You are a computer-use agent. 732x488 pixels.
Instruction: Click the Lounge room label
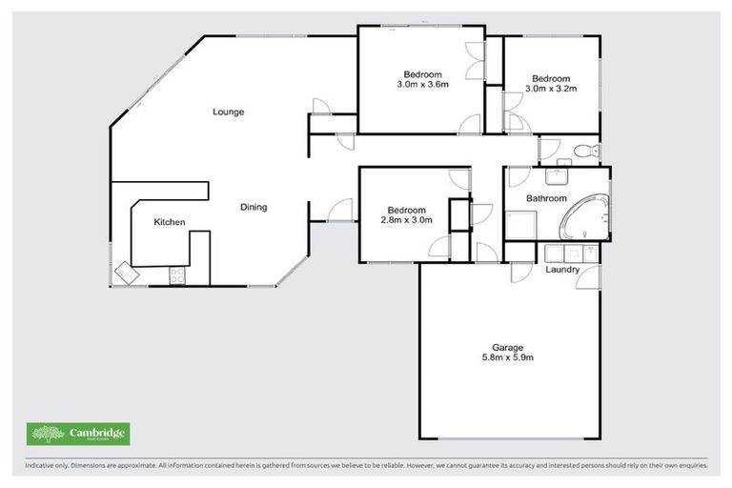click(228, 112)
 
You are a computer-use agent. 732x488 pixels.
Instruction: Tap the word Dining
click(253, 207)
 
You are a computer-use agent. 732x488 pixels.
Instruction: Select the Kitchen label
click(170, 222)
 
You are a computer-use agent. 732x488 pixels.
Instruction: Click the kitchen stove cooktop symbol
click(177, 275)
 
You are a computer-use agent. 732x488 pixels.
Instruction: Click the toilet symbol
click(585, 150)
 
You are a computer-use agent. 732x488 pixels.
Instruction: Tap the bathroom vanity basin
click(556, 175)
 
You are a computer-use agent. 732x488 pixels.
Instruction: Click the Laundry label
click(562, 270)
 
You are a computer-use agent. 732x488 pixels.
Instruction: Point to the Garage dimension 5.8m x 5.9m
click(508, 357)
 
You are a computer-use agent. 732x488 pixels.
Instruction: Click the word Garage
click(508, 347)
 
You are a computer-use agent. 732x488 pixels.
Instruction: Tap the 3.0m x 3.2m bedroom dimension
click(551, 89)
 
